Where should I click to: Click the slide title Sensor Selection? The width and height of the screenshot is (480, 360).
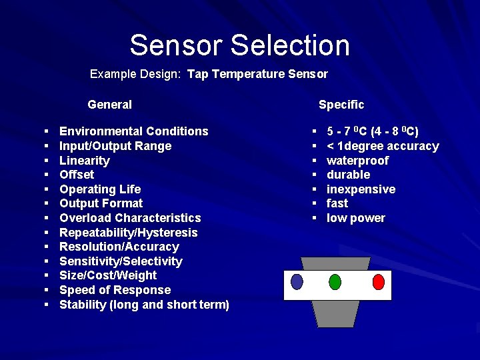click(239, 45)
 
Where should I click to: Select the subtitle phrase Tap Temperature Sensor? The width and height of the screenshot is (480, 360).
click(257, 73)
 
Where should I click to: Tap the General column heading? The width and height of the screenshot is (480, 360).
click(109, 105)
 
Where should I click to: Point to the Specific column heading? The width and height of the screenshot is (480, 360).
click(341, 105)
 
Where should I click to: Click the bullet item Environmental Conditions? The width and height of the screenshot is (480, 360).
click(133, 131)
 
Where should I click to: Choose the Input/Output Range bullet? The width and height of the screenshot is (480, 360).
click(115, 146)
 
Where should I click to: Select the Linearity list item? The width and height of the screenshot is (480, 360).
click(84, 161)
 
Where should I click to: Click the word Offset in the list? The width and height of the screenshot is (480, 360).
click(77, 175)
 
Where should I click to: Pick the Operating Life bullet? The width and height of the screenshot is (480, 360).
click(100, 189)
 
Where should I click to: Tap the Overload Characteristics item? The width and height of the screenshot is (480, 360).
click(130, 218)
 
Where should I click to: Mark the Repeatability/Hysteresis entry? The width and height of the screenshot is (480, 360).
click(129, 233)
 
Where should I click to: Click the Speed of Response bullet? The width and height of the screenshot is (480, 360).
click(115, 290)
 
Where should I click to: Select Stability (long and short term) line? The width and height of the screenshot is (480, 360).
click(144, 305)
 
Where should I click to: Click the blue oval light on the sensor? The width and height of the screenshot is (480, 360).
click(297, 281)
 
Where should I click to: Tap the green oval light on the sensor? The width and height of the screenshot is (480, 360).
click(335, 281)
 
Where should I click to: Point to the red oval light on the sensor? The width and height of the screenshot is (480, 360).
click(379, 281)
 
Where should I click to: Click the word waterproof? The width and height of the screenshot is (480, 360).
click(357, 161)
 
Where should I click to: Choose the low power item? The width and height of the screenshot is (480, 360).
click(355, 218)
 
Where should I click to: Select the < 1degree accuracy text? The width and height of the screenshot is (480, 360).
click(383, 146)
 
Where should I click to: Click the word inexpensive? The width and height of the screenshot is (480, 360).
click(361, 189)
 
